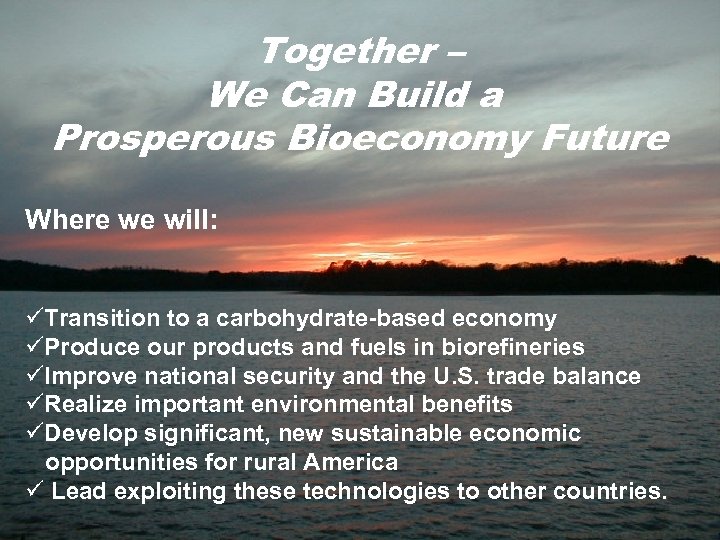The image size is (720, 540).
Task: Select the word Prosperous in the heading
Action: [164, 137]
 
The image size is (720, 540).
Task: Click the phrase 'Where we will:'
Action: [121, 220]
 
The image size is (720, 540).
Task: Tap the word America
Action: [351, 462]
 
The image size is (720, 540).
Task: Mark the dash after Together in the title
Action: [451, 52]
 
